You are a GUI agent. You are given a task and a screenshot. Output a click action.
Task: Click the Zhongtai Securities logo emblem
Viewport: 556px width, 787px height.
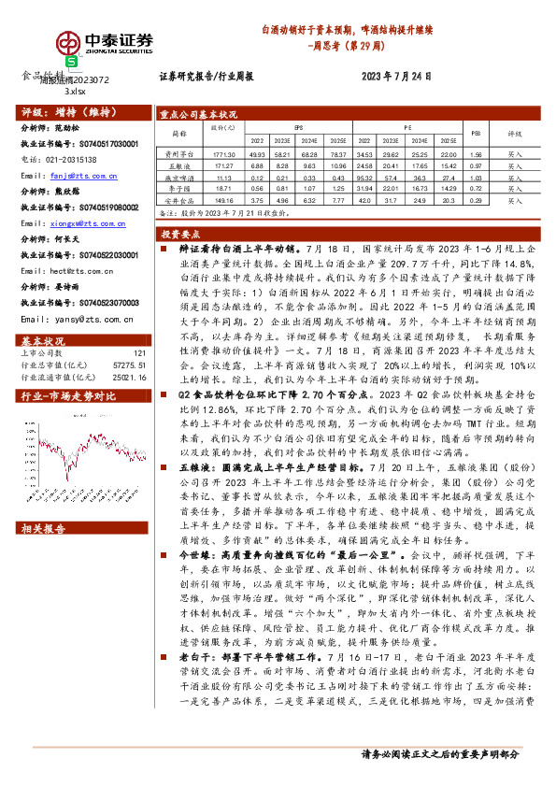click(x=68, y=46)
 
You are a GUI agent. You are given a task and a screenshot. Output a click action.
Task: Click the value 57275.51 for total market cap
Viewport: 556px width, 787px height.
click(x=130, y=338)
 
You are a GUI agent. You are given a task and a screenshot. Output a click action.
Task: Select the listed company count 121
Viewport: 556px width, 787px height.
click(x=139, y=327)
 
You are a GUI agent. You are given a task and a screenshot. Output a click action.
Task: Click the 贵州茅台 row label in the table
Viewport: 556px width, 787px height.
click(x=177, y=153)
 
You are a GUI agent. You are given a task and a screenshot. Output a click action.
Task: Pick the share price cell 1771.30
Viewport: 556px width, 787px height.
click(x=222, y=153)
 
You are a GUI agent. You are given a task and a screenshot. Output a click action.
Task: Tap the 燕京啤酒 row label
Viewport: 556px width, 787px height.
click(x=177, y=176)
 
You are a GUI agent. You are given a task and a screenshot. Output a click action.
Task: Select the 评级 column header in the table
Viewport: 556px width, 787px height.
click(x=515, y=133)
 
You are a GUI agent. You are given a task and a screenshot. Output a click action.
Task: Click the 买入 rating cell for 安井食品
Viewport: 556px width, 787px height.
click(x=515, y=199)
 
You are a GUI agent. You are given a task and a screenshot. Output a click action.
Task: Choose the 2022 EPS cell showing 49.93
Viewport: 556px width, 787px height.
click(x=257, y=153)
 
